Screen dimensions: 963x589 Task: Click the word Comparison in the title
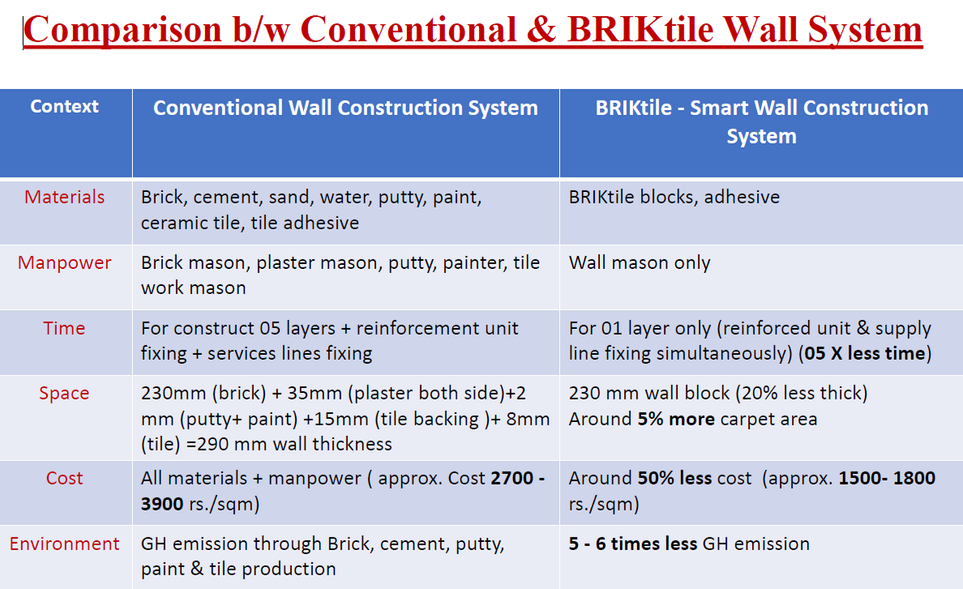coord(123,29)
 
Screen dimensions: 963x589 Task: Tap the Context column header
coord(65,107)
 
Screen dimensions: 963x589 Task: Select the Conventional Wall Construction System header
coord(345,108)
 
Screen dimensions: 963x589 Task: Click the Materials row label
coord(65,197)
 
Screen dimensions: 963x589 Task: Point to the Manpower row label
coord(65,262)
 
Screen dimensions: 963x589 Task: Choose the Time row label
coord(65,328)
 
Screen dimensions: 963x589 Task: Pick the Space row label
coord(65,393)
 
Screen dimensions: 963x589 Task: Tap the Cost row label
coord(65,478)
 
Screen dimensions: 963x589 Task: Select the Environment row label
coord(65,544)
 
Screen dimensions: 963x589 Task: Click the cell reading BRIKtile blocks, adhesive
coord(674,197)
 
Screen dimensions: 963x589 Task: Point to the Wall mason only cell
coord(640,263)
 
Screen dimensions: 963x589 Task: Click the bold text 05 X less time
coord(865,353)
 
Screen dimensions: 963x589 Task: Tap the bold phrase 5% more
coord(676,419)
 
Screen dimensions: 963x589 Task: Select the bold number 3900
coord(162,504)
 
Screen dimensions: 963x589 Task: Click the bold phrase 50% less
coord(675,478)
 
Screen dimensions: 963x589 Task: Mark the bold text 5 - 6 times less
coord(633,544)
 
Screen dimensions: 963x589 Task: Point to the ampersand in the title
coord(541,29)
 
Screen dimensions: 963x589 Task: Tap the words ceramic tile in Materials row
coord(191,223)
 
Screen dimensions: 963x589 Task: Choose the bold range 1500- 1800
coord(887,478)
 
